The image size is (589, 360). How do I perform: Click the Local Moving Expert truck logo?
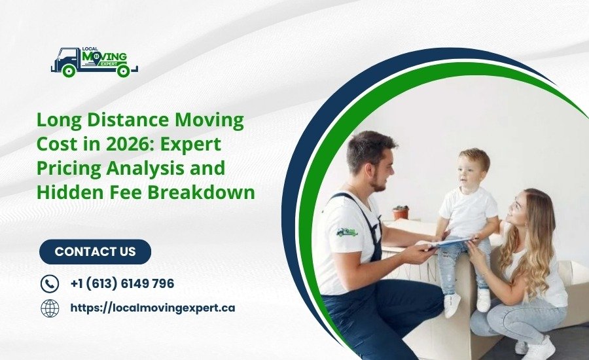(94, 61)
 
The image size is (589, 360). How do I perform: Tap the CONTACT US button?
(95, 251)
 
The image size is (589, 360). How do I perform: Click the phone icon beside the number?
(50, 283)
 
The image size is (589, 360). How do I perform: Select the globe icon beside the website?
(50, 308)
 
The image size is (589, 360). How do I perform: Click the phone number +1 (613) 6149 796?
(122, 283)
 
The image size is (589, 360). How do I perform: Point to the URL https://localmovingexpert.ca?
(152, 308)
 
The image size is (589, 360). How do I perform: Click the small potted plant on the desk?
(401, 213)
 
